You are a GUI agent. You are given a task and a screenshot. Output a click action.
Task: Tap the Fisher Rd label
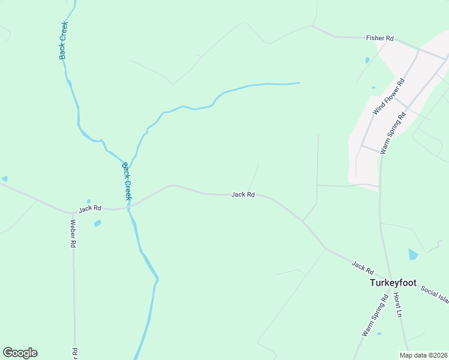[379, 38]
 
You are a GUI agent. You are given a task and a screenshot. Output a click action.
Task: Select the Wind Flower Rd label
[388, 97]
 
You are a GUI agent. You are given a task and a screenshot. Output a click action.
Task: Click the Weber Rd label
[73, 233]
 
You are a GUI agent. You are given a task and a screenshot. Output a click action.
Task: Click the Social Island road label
[434, 294]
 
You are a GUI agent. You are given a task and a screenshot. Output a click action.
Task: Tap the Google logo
[20, 353]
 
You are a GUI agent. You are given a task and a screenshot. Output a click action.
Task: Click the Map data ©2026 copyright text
[423, 355]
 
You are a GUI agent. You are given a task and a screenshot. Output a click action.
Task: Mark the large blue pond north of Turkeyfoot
[412, 254]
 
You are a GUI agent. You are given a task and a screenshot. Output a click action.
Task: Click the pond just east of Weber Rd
[97, 223]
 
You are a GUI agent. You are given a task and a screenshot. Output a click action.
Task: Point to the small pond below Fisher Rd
[367, 60]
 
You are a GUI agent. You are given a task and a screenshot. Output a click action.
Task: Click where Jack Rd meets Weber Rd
[73, 212]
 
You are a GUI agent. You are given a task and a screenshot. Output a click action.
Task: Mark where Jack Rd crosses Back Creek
[128, 207]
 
